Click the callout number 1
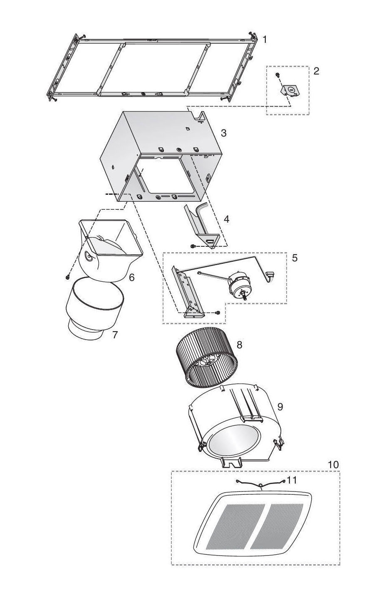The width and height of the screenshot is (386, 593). click(265, 40)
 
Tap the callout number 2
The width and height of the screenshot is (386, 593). click(316, 71)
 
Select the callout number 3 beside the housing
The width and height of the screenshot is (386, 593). click(223, 133)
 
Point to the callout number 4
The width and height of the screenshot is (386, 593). click(226, 219)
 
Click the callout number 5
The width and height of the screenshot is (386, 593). click(295, 258)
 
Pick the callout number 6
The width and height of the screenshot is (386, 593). click(131, 277)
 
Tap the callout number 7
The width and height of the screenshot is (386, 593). click(114, 335)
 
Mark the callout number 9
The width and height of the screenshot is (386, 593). click(280, 407)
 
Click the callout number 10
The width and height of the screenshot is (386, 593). click(333, 464)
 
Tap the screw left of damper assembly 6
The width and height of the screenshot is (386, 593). click(68, 277)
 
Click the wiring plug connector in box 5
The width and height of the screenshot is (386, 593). click(270, 275)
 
